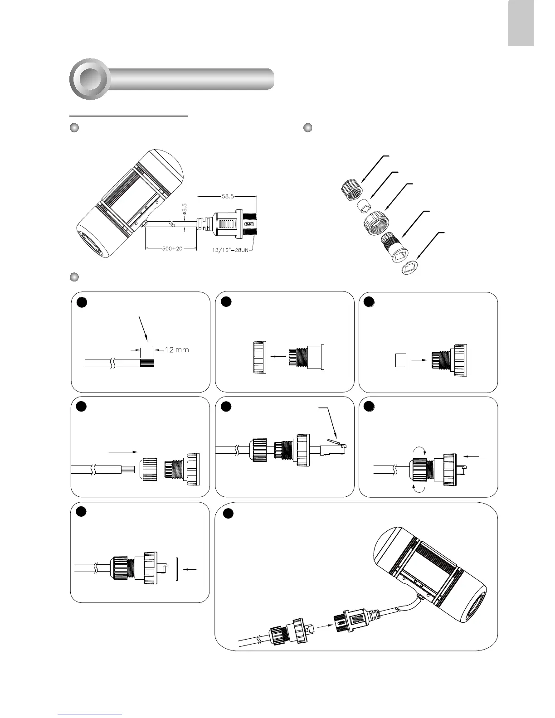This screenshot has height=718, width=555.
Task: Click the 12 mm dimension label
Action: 176,350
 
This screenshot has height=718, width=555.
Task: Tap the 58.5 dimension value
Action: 227,197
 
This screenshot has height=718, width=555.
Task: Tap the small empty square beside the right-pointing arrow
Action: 399,360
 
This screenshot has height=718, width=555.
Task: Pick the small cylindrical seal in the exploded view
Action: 363,208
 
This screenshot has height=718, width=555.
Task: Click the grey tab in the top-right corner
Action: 521,23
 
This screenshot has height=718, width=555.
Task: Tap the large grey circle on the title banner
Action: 90,79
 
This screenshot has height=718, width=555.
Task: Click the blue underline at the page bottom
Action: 90,714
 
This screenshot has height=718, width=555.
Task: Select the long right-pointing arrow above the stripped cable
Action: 122,451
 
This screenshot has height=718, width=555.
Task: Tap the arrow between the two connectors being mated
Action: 323,626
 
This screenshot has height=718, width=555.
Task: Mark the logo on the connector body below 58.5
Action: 249,223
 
